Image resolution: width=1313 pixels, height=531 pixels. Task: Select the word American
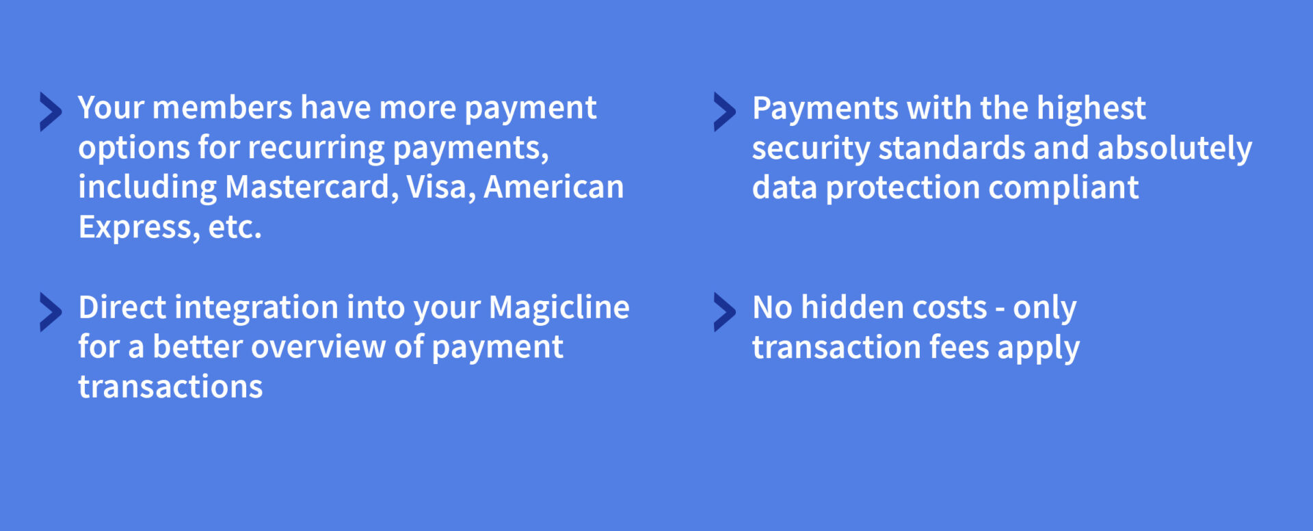click(554, 187)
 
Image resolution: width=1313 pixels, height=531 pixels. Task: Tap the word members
click(222, 107)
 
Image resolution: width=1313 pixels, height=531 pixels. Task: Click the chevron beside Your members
click(51, 112)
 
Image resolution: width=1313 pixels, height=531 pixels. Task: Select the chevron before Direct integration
click(51, 312)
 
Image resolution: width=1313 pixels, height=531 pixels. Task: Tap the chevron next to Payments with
click(725, 112)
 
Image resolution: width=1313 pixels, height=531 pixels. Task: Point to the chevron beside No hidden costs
click(725, 312)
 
